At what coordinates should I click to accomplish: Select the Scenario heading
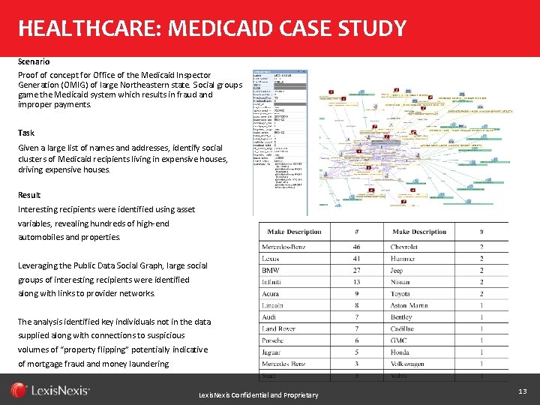point(34,61)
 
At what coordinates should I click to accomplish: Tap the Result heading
point(29,195)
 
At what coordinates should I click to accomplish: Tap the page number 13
point(522,391)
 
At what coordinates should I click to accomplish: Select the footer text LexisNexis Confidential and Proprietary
point(258,395)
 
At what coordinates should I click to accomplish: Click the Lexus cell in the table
point(271,259)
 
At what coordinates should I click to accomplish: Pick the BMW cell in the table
point(271,271)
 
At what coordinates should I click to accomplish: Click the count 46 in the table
point(356,247)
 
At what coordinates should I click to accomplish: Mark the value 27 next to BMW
point(356,271)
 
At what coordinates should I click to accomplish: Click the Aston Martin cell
point(409,305)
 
